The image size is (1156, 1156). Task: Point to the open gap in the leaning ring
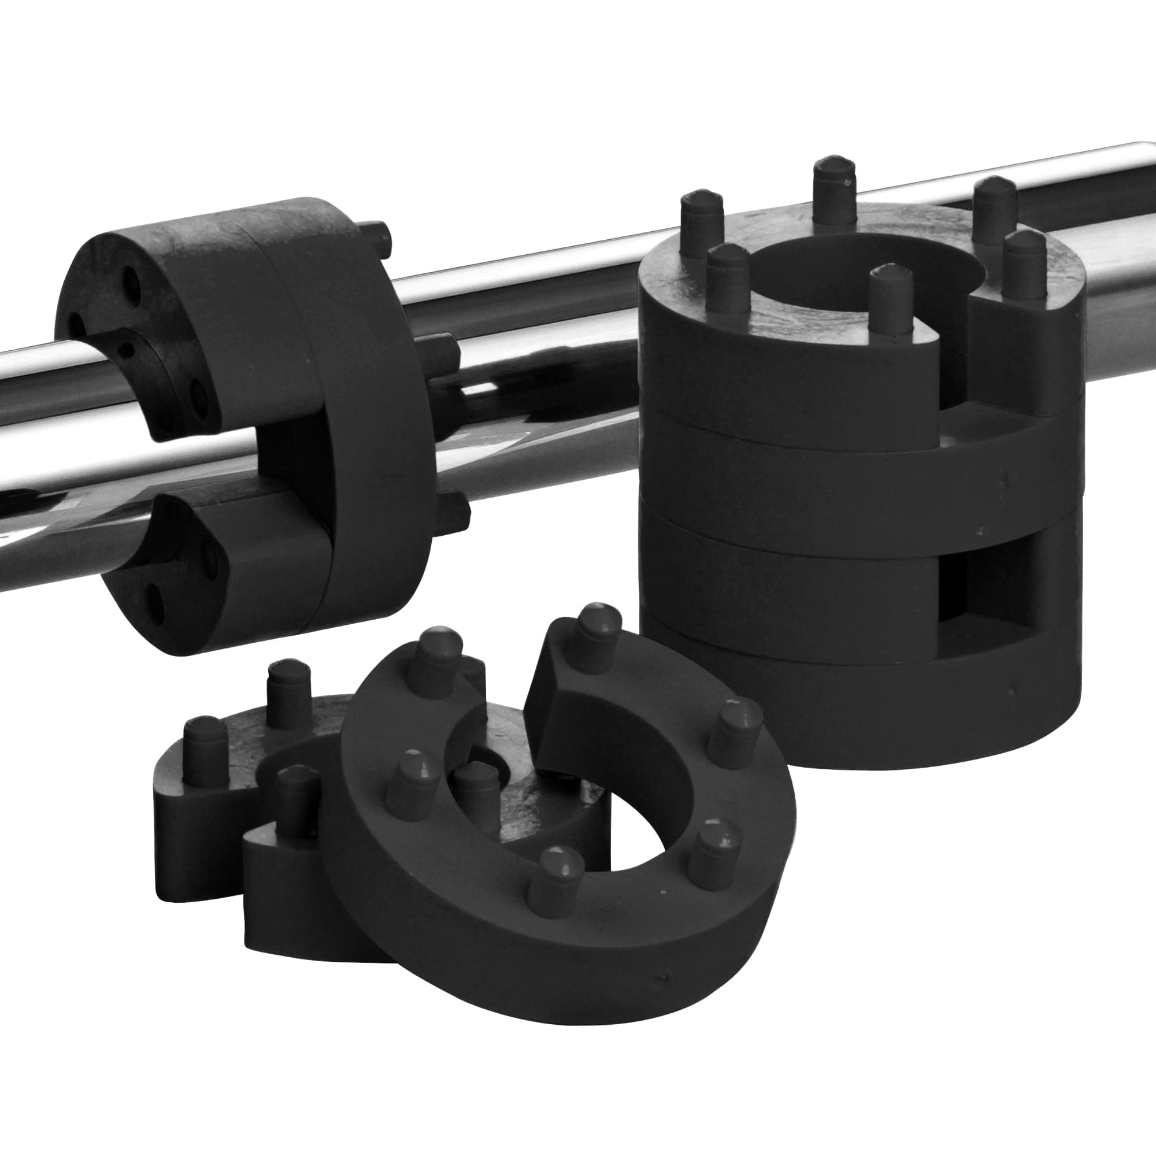[509, 706]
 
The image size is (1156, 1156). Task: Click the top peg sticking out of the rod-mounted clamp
[377, 236]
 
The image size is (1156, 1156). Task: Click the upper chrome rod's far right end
[1137, 173]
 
